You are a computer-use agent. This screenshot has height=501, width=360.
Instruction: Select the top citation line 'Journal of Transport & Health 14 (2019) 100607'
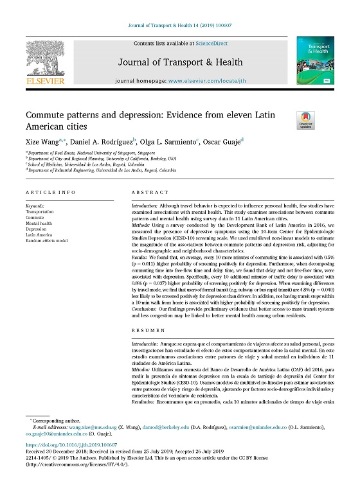[x=180, y=26]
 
